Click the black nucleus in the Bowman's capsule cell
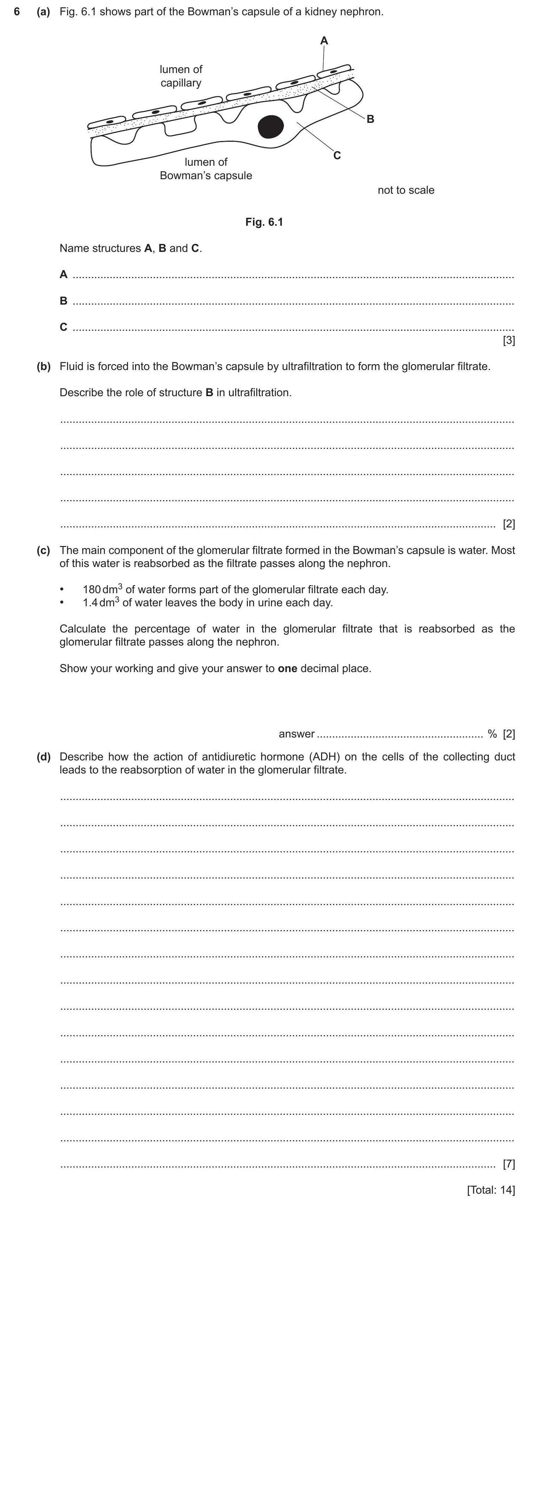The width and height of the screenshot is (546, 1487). point(270,127)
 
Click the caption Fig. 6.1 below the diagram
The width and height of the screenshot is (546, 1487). point(264,222)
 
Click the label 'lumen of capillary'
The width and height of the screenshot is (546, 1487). point(181,76)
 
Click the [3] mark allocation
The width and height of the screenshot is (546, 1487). point(509,341)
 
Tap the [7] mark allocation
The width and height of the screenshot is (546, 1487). point(509,1164)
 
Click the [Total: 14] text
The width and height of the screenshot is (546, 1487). point(491,1190)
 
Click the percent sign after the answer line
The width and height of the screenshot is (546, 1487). point(492,734)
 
